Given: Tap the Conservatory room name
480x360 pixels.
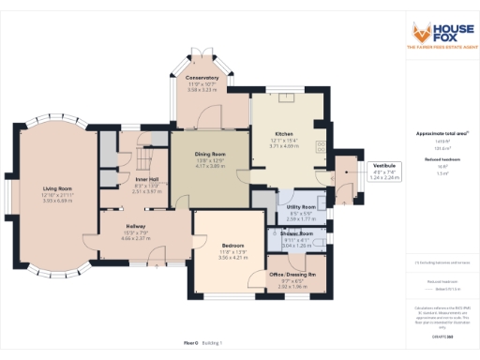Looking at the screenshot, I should (202, 77).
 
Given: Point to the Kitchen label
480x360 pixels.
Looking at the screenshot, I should (285, 134).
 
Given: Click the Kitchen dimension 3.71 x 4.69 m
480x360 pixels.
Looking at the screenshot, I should (285, 146).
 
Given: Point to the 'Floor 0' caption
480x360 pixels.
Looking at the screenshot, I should (193, 344).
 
